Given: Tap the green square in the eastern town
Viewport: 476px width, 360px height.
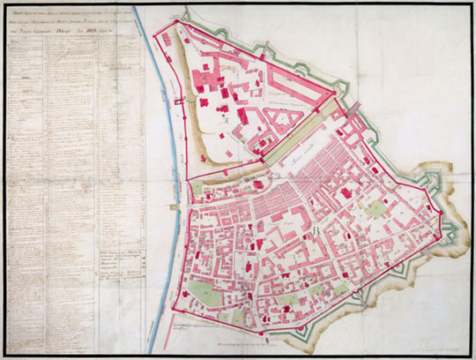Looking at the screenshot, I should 376,210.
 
